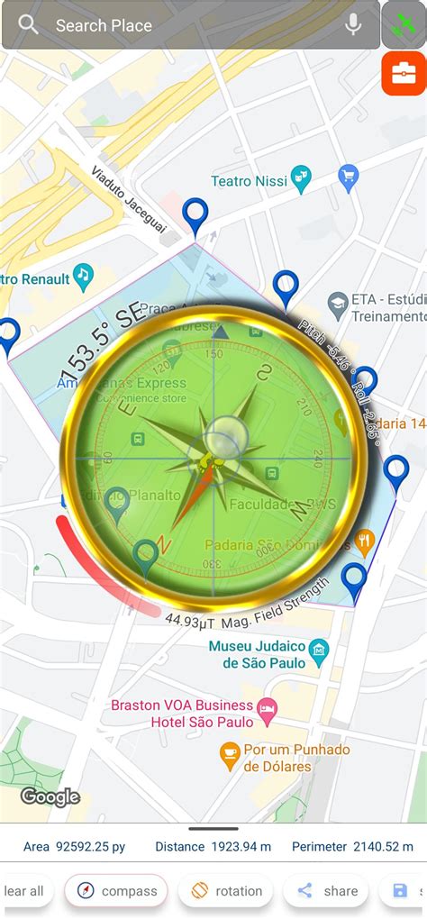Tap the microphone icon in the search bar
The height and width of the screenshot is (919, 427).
coord(353,25)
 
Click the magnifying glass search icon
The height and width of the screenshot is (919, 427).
coord(28,24)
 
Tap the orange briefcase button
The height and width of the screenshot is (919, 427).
coord(404,74)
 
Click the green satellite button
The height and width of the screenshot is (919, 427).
coord(404,25)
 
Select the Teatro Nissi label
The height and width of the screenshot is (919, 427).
coord(250,181)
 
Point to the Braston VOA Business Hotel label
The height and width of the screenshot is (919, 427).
coord(182,713)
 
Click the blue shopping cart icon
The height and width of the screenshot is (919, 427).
coord(348,176)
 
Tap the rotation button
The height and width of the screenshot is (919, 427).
coord(227,891)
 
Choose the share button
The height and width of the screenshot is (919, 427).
coord(328,891)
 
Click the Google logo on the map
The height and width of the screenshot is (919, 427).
coord(50,796)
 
